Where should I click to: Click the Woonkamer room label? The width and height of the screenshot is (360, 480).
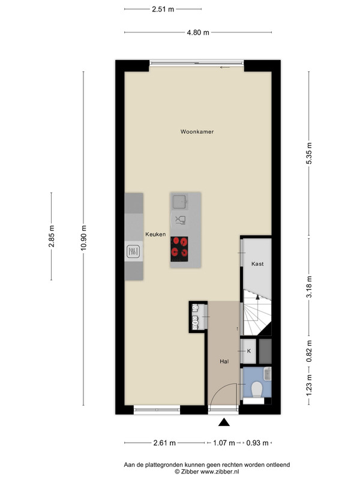197,131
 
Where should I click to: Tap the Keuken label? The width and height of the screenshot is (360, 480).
155,234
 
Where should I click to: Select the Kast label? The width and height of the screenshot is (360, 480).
257,263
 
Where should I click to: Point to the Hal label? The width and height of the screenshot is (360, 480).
224,362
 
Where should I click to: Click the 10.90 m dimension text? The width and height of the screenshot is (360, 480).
83,238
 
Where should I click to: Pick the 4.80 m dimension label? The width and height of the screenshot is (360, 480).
198,32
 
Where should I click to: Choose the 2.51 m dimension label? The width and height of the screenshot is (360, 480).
163,9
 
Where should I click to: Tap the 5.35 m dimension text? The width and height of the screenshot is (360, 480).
309,154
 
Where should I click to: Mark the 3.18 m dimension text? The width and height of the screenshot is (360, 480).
309,287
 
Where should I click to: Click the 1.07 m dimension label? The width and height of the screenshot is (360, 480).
224,443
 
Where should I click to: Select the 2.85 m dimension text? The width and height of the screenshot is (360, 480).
52,236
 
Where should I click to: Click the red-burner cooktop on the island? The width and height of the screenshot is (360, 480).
179,249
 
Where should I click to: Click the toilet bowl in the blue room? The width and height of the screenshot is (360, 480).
257,389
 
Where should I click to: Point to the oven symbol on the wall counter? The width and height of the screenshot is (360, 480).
133,251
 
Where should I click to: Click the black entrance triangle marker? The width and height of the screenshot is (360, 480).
224,422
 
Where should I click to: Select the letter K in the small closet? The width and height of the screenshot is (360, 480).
249,351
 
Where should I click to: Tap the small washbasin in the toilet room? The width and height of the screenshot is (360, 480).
268,373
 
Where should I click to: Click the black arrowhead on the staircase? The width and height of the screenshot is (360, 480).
257,296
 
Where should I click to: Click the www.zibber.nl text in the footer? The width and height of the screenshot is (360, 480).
220,472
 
